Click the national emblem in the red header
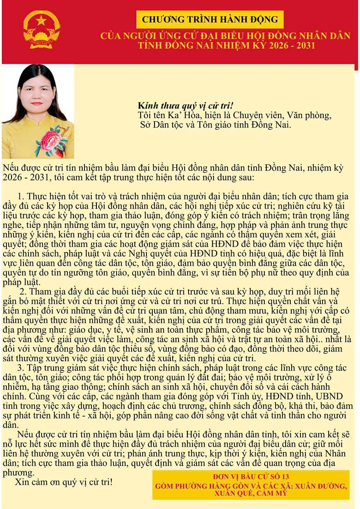pyautogui.click(x=42, y=29)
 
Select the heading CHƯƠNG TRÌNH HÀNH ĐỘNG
pyautogui.click(x=210, y=19)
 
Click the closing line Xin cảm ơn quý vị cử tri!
pyautogui.click(x=64, y=482)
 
